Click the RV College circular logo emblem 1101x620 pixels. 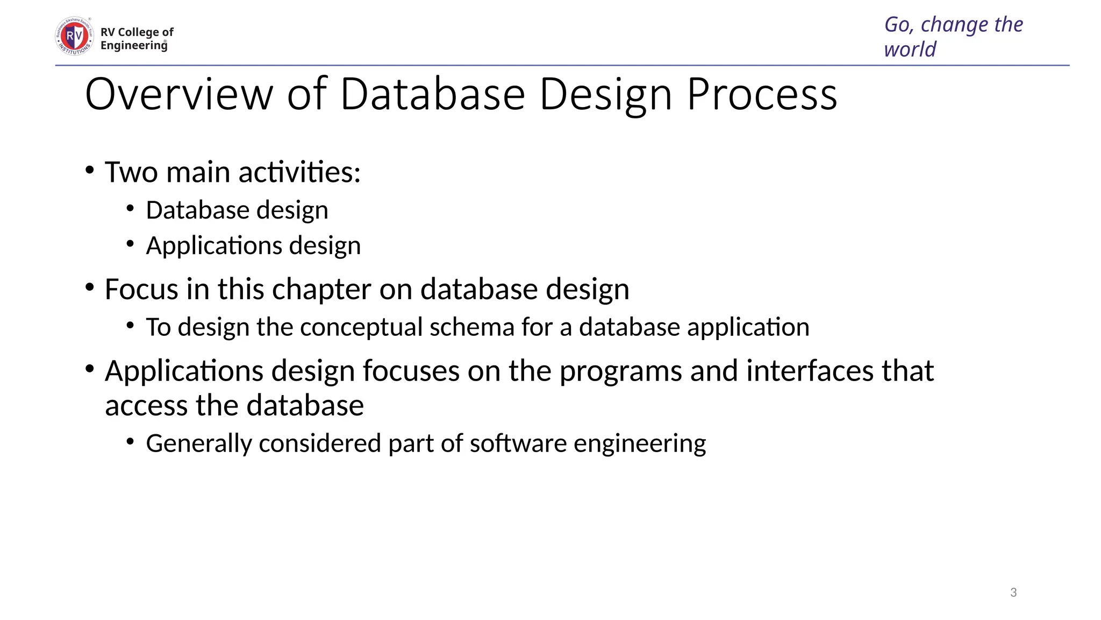click(74, 36)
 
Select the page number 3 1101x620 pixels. click(1013, 593)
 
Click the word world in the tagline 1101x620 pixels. click(910, 50)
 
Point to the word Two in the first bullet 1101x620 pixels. click(131, 172)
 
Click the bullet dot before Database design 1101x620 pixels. click(130, 208)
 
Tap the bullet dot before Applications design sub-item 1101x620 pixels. click(130, 244)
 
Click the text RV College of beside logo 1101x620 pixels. click(137, 32)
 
